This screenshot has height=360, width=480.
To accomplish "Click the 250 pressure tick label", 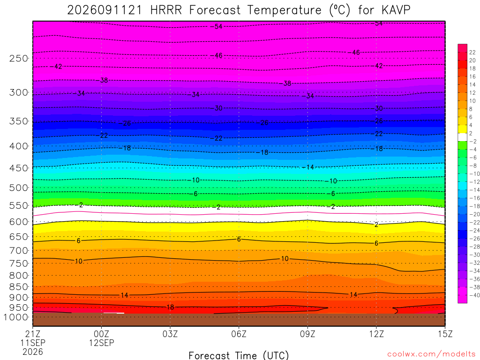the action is click(x=19, y=58).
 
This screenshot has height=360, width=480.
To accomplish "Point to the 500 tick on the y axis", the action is click(x=19, y=187).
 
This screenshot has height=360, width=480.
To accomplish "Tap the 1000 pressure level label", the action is click(x=16, y=317).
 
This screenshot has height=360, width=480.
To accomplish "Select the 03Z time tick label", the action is click(x=170, y=334).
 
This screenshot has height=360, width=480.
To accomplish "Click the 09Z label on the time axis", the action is click(x=307, y=334).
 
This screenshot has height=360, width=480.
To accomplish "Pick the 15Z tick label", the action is click(x=445, y=334).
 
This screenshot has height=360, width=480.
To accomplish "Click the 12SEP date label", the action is click(x=101, y=343).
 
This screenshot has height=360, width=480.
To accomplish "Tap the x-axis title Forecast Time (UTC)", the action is click(x=239, y=355).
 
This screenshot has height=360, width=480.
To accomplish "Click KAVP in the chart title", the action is click(x=396, y=10).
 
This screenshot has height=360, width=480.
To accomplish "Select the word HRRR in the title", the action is click(x=166, y=10).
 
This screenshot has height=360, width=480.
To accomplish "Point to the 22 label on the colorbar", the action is click(x=472, y=52).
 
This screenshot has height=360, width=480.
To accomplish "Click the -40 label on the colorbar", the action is click(x=474, y=295).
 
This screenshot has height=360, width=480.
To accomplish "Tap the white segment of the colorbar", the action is click(x=462, y=137).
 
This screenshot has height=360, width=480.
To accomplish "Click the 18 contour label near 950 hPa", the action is click(x=170, y=307).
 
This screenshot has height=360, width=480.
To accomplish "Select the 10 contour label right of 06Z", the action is click(x=285, y=259).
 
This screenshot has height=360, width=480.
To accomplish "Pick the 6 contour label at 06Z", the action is click(x=239, y=239).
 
